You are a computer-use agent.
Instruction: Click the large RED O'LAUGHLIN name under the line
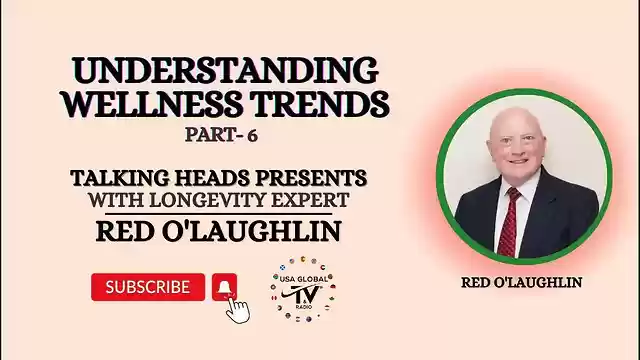[218, 232]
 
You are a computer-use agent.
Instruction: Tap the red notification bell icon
[224, 287]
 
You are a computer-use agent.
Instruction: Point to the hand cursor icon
[237, 307]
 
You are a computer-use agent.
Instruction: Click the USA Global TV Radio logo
[303, 294]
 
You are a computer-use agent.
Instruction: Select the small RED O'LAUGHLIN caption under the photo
[521, 283]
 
